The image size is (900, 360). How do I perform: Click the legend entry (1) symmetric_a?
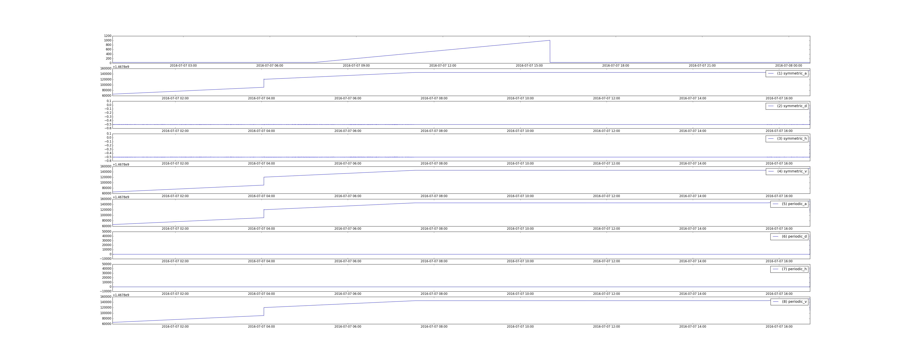pyautogui.click(x=787, y=73)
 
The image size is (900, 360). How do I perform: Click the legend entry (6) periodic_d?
pyautogui.click(x=789, y=237)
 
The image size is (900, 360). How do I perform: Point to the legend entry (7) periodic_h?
pyautogui.click(x=789, y=269)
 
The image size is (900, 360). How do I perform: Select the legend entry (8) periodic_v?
pyautogui.click(x=789, y=302)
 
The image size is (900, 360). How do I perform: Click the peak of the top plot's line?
pyautogui.click(x=550, y=40)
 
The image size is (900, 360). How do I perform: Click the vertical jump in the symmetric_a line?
pyautogui.click(x=264, y=83)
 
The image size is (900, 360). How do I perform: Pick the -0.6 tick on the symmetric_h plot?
pyautogui.click(x=108, y=161)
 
